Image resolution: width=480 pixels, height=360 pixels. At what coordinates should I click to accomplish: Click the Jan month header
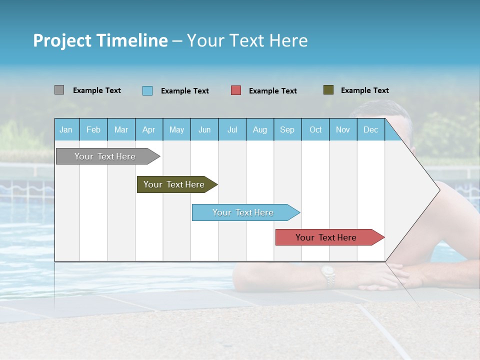(x=66, y=129)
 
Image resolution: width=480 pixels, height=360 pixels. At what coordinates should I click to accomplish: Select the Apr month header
(x=149, y=129)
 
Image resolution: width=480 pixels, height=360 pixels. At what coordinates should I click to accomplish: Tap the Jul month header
(x=232, y=129)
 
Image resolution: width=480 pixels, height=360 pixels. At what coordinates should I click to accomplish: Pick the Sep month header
(x=287, y=129)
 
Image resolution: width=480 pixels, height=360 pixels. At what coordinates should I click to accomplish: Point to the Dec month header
(x=370, y=129)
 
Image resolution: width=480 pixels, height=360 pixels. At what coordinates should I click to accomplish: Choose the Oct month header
(x=315, y=129)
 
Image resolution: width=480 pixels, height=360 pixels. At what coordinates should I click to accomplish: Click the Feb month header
(x=93, y=129)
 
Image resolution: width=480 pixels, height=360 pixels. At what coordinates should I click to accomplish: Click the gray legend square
(x=59, y=90)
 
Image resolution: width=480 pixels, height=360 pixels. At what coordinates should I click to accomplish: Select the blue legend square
(x=147, y=90)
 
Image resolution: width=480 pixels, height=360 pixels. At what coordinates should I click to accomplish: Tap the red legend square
(x=236, y=90)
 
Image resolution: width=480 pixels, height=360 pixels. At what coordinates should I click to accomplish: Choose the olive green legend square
(x=328, y=90)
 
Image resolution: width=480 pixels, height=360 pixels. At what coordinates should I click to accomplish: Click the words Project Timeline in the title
(x=100, y=40)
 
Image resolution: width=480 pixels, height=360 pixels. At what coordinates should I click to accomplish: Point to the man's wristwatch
(x=328, y=274)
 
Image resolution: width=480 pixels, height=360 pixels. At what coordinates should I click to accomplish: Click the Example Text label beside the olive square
(x=364, y=90)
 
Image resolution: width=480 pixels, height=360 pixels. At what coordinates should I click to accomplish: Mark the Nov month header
(x=343, y=129)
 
